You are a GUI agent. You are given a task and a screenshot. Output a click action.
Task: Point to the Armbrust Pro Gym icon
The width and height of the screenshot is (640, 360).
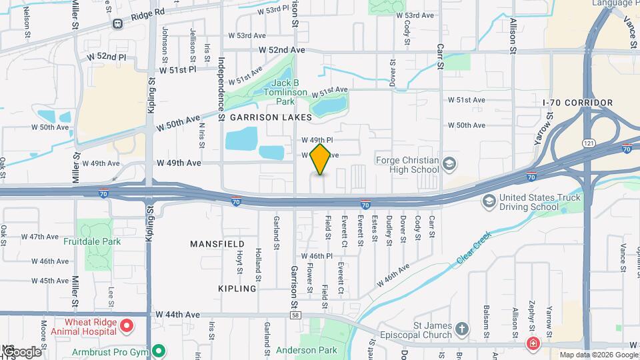point(159,350)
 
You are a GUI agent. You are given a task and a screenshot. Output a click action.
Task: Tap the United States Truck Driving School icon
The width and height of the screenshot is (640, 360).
point(489,201)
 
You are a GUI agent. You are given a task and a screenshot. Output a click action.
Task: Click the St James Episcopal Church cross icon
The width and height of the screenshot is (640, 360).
point(463,329)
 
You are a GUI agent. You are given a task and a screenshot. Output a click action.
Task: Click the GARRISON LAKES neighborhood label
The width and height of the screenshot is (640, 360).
point(271,117)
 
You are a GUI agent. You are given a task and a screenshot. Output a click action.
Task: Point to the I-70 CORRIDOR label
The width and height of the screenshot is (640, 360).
point(577,103)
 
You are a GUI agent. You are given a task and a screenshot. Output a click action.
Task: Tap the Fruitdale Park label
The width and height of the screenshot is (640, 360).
point(92,241)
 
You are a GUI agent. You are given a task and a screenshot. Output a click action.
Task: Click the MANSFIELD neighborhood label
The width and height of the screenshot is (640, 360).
point(217,244)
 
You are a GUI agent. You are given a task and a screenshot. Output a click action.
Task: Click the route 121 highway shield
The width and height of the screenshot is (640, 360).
point(587,143)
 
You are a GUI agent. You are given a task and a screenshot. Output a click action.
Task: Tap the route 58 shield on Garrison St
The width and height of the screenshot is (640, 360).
point(295,314)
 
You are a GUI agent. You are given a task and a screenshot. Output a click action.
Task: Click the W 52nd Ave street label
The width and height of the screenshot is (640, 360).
point(282,50)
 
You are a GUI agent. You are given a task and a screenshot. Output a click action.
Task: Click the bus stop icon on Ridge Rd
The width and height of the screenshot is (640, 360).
point(117,24)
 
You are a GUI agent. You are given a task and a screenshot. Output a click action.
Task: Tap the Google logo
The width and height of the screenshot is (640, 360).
point(21,351)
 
